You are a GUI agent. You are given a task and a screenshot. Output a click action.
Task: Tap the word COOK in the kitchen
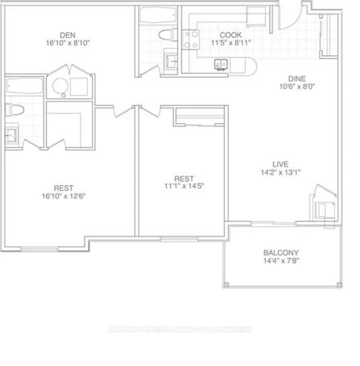pyautogui.click(x=231, y=36)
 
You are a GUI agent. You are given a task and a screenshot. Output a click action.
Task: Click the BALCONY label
pyautogui.click(x=282, y=254)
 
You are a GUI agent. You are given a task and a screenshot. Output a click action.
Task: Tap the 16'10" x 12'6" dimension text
pyautogui.click(x=64, y=196)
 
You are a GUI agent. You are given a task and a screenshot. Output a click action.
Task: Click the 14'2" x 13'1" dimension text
pyautogui.click(x=281, y=172)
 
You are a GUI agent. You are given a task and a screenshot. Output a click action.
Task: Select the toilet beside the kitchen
pyautogui.click(x=164, y=35)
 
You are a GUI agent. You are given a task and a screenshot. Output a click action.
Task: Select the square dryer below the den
pyautogui.click(x=79, y=86)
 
